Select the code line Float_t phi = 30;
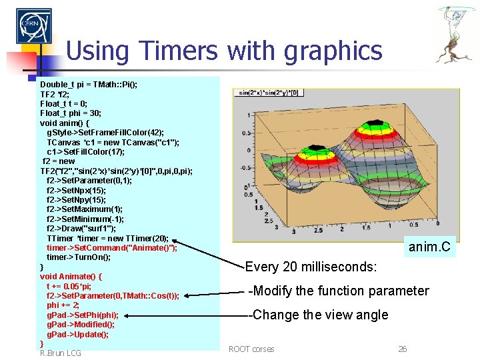tap(70, 113)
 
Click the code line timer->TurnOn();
tap(79, 257)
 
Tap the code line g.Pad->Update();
tap(77, 334)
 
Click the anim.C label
tap(429, 249)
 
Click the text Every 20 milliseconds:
tap(311, 267)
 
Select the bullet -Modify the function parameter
tap(338, 291)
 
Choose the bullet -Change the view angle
tap(317, 315)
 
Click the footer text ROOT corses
tap(251, 349)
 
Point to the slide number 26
tap(402, 349)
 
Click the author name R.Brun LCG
tap(61, 353)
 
